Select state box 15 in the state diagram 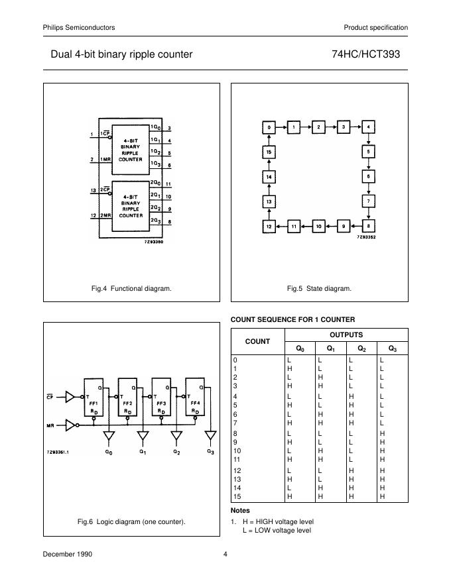click(269, 152)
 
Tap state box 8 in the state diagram click(369, 226)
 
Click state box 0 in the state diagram click(269, 127)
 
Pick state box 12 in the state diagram click(269, 226)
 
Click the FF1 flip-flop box click(94, 401)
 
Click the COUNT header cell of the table click(257, 341)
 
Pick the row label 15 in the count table click(235, 496)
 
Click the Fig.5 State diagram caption click(319, 288)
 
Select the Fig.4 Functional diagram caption click(131, 288)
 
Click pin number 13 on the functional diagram click(92, 190)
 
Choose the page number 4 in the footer click(225, 555)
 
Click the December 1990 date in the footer click(68, 555)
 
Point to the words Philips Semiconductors click(79, 27)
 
